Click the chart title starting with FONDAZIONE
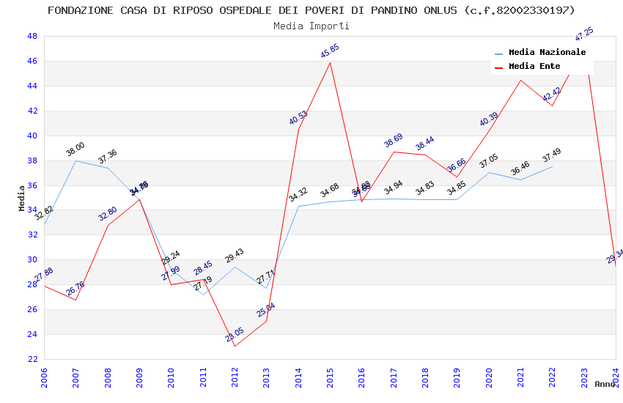point(311,10)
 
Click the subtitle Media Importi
point(311,26)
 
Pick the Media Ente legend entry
point(534,67)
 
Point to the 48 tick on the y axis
point(32,36)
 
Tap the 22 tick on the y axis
point(32,359)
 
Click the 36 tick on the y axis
point(32,185)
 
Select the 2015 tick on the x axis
point(331,378)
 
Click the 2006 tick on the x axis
point(45,378)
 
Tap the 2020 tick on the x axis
point(489,378)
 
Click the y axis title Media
point(22,198)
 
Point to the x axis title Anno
point(605,384)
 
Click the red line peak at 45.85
point(330,62)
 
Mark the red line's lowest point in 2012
point(235,346)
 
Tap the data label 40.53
point(298,118)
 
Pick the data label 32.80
point(107,214)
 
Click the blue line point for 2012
point(235,267)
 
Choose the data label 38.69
point(393,141)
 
